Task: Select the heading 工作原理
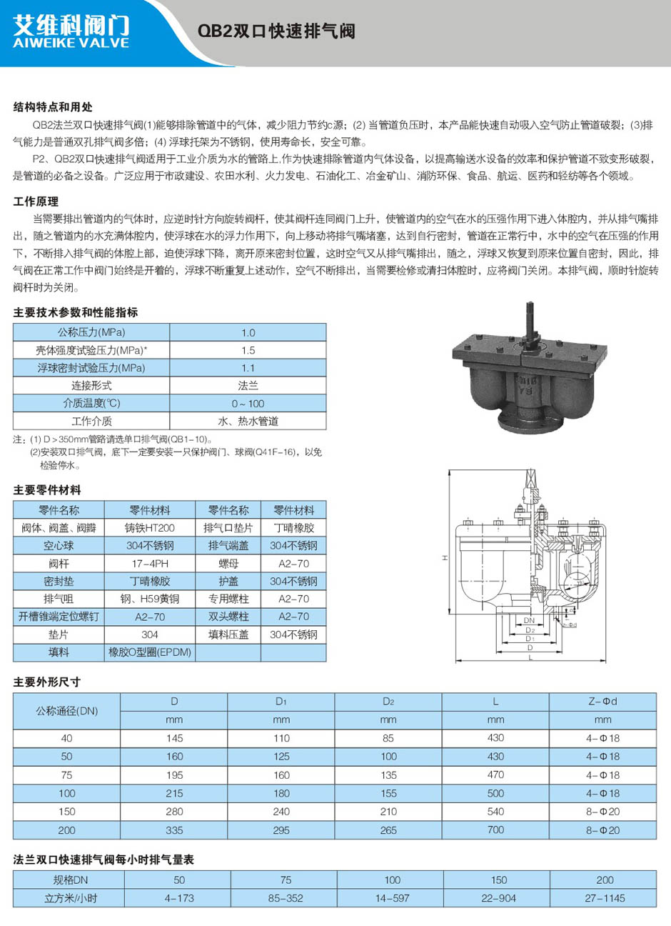[x=36, y=201]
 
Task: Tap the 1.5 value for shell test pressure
[x=248, y=350]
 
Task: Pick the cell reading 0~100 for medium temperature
[x=248, y=404]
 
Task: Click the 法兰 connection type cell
[x=248, y=386]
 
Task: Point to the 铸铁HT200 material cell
[x=150, y=528]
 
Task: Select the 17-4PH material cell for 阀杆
[x=150, y=564]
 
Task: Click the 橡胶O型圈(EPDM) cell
[x=150, y=652]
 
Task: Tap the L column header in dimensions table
[x=495, y=702]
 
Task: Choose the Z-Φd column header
[x=602, y=702]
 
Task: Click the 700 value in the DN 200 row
[x=495, y=830]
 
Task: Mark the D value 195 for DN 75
[x=174, y=775]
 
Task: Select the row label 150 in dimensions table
[x=66, y=812]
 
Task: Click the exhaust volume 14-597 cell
[x=393, y=898]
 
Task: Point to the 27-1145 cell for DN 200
[x=605, y=898]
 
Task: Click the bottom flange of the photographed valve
[x=520, y=421]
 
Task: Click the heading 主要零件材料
[x=47, y=490]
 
